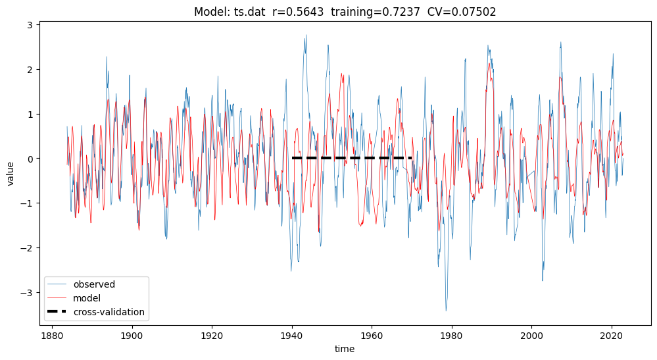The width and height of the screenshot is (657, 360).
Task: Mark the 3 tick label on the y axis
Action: [x=32, y=25]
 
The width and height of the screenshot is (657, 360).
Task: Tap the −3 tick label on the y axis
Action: [x=29, y=293]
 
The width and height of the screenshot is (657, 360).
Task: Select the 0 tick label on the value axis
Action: [x=32, y=159]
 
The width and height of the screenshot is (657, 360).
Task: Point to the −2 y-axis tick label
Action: [x=29, y=248]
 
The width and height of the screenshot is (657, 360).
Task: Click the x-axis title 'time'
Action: [x=344, y=349]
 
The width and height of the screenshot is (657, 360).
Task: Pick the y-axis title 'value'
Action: [x=11, y=172]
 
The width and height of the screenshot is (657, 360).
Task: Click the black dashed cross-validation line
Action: [x=352, y=158]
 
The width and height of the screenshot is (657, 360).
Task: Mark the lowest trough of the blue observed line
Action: [x=446, y=311]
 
